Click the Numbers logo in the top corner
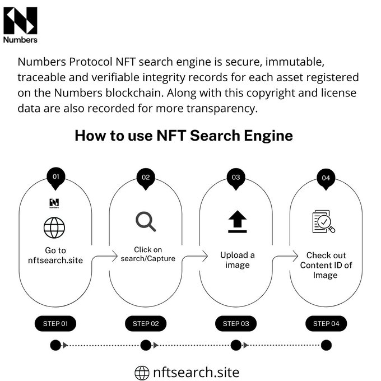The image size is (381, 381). pyautogui.click(x=20, y=25)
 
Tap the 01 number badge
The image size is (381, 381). pyautogui.click(x=55, y=177)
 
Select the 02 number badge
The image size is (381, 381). pyautogui.click(x=146, y=178)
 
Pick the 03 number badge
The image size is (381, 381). pyautogui.click(x=236, y=178)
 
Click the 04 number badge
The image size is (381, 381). pyautogui.click(x=326, y=179)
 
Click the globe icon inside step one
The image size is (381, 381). pyautogui.click(x=54, y=227)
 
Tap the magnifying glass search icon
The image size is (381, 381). pyautogui.click(x=146, y=222)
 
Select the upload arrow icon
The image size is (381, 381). pyautogui.click(x=237, y=222)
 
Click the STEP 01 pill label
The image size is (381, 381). pyautogui.click(x=55, y=323)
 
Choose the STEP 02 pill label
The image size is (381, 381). pyautogui.click(x=146, y=323)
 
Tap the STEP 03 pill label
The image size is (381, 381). pyautogui.click(x=236, y=323)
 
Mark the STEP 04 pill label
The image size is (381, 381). pyautogui.click(x=326, y=323)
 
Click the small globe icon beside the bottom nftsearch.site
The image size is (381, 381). pyautogui.click(x=142, y=373)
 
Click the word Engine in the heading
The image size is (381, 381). pyautogui.click(x=264, y=136)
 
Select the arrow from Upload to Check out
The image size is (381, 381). pyautogui.click(x=286, y=256)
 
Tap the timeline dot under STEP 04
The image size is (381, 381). pyautogui.click(x=326, y=345)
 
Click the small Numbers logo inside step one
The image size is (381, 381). pyautogui.click(x=54, y=202)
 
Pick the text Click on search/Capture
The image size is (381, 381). pyautogui.click(x=147, y=254)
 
